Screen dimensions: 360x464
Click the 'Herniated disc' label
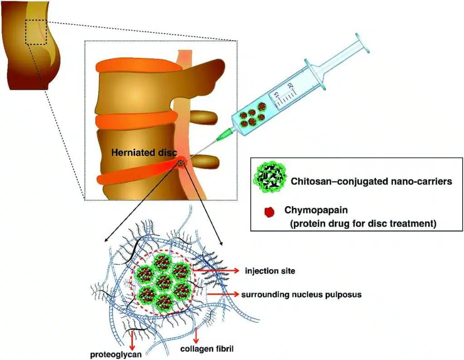(144, 153)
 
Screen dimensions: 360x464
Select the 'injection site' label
(270, 271)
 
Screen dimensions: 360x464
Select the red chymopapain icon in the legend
(269, 211)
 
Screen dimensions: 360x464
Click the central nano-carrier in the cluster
(164, 285)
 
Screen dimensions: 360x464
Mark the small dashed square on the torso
(36, 32)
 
